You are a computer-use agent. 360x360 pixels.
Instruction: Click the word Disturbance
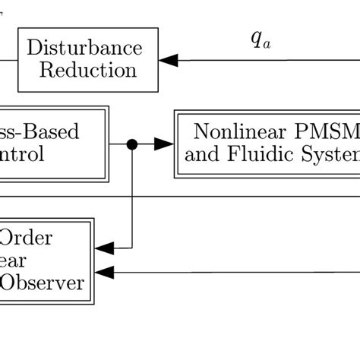[x=84, y=49]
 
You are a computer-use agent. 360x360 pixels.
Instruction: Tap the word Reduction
[x=88, y=71]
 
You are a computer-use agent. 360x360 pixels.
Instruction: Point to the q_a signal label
[x=261, y=40]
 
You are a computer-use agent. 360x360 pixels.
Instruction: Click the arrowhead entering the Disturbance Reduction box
[x=168, y=60]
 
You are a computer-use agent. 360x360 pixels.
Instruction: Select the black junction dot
[x=132, y=144]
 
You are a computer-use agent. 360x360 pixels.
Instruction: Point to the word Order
[x=26, y=238]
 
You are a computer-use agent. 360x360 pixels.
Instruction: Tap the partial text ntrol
[x=23, y=156]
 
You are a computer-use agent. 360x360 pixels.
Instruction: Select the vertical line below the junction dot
[x=132, y=197]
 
